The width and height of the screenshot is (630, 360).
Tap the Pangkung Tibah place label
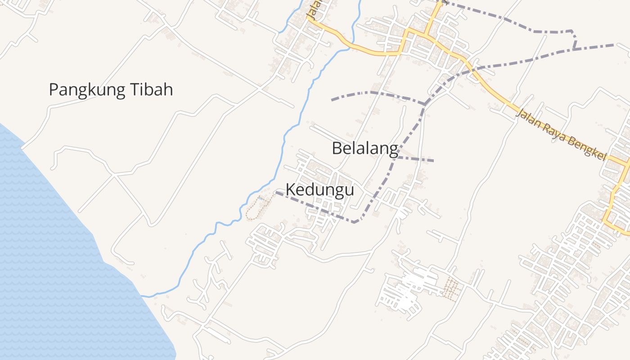pyautogui.click(x=111, y=90)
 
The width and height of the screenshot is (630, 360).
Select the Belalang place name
pyautogui.click(x=365, y=148)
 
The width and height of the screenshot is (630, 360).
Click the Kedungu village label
pyautogui.click(x=319, y=190)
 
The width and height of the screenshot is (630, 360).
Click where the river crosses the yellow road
pyautogui.click(x=351, y=47)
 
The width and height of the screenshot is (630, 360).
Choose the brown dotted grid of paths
pyautogui.click(x=451, y=288)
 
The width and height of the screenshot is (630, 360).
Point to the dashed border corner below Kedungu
pyautogui.click(x=355, y=222)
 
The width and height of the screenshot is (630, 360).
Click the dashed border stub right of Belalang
pyautogui.click(x=416, y=159)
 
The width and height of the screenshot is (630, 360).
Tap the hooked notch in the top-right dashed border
pyautogui.click(x=574, y=40)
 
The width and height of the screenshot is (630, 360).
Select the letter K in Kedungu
pyautogui.click(x=291, y=190)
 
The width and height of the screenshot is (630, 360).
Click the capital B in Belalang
pyautogui.click(x=337, y=148)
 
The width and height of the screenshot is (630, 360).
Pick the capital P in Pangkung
pyautogui.click(x=54, y=90)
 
